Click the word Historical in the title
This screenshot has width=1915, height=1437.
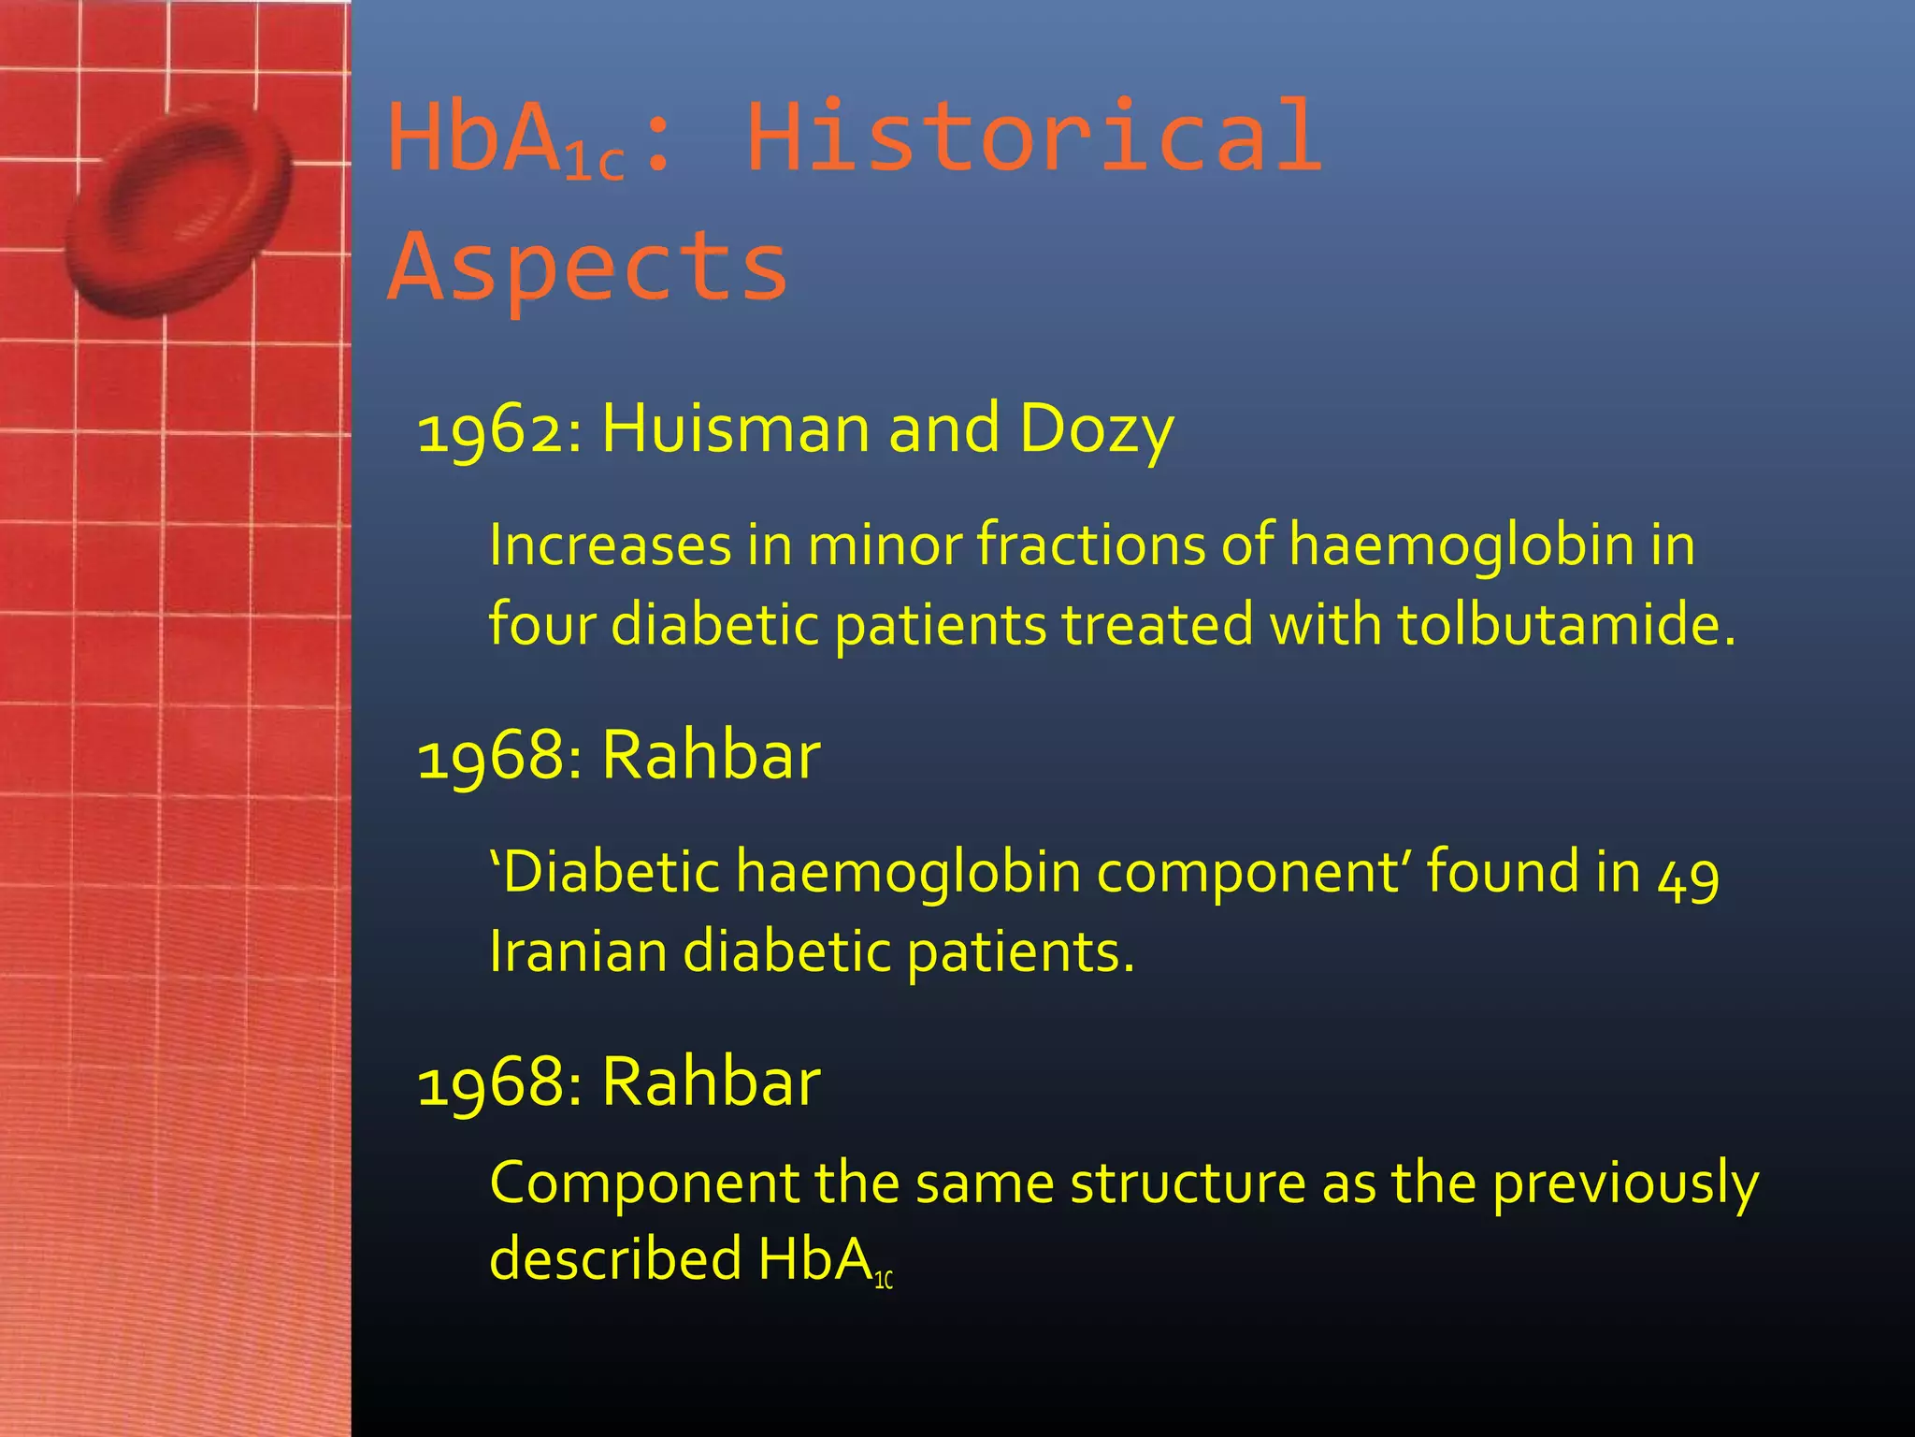click(1033, 138)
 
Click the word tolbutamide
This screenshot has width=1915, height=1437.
click(1566, 624)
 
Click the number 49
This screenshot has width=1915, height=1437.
click(1688, 876)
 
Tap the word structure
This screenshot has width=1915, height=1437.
click(1188, 1183)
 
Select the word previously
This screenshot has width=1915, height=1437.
click(1625, 1184)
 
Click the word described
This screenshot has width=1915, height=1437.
click(615, 1259)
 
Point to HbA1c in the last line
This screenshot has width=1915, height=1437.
click(823, 1261)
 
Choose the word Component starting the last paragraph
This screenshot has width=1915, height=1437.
click(643, 1184)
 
